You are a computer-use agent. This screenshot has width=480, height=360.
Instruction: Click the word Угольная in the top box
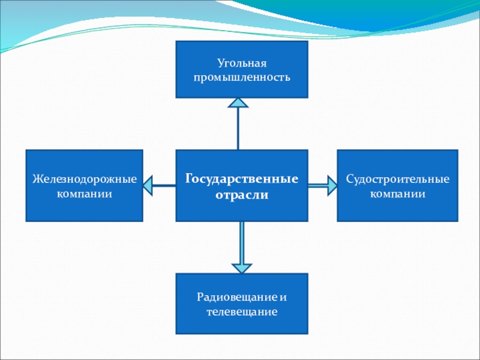tap(241, 63)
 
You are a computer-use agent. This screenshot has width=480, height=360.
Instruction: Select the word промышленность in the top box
tap(241, 77)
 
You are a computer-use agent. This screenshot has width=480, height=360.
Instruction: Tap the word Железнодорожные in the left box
tap(85, 179)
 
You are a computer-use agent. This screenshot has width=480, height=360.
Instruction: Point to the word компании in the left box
tap(85, 194)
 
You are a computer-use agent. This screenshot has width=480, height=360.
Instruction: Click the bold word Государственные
tap(242, 179)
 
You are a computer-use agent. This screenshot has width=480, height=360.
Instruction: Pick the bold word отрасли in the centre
tap(242, 196)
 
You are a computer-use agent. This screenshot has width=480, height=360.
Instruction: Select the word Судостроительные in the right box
tap(397, 179)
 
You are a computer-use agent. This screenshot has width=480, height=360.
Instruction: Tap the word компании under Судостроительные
tap(397, 194)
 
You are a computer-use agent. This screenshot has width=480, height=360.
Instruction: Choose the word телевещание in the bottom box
tap(241, 312)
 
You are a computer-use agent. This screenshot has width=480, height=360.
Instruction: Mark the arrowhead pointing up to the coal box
tap(238, 103)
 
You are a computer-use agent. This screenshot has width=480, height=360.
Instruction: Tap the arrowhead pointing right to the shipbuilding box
tap(331, 185)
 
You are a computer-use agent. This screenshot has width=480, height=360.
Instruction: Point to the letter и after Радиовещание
tap(283, 297)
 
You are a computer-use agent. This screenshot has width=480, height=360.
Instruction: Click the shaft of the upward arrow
tap(238, 129)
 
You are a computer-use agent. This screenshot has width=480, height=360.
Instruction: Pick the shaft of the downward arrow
tap(241, 240)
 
